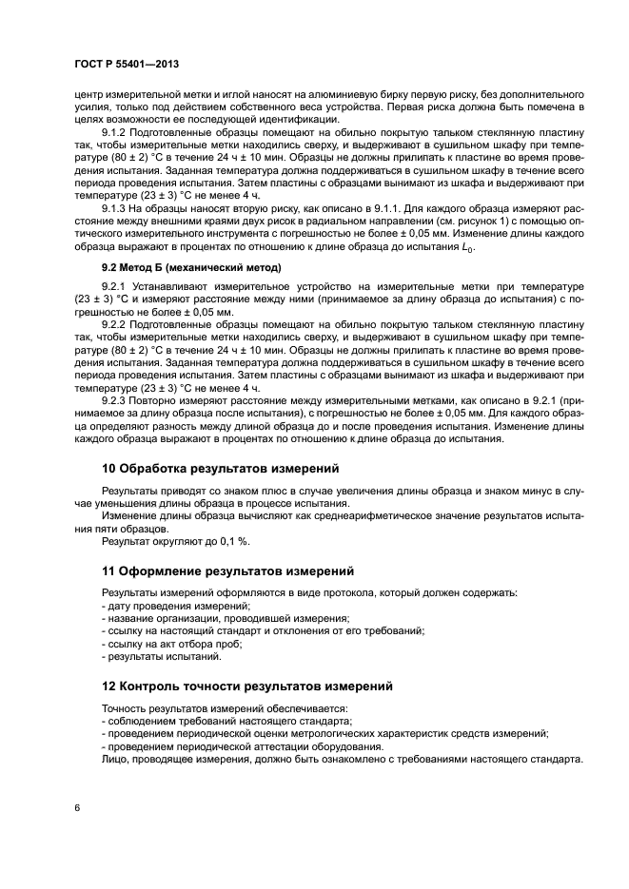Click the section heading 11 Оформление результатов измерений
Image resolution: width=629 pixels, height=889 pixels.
(227, 571)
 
